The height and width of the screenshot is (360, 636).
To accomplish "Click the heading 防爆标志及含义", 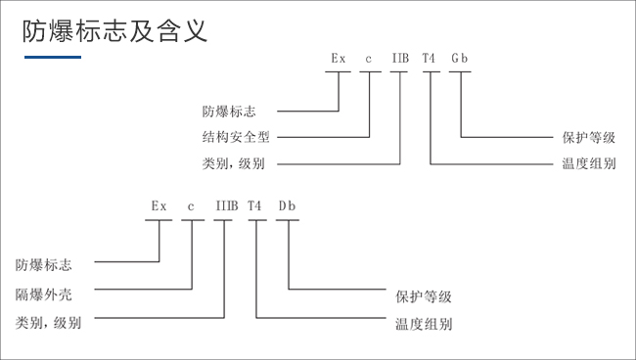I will click(114, 31).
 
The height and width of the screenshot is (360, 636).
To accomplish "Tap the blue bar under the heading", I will click(52, 58).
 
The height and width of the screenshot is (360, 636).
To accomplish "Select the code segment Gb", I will click(460, 59).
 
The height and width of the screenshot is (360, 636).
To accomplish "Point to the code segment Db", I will click(287, 206).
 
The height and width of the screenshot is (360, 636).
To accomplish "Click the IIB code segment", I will click(400, 59).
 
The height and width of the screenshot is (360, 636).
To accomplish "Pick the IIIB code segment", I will click(226, 206).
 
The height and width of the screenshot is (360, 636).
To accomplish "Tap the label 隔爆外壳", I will click(42, 292).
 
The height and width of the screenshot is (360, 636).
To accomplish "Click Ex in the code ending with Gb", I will click(339, 59).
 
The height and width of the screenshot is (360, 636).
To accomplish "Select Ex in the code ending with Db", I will click(159, 206).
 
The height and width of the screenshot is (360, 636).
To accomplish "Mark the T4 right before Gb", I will click(430, 59).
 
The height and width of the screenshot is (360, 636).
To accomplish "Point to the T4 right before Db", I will click(255, 206).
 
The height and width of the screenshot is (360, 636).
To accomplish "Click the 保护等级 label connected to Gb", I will click(590, 138).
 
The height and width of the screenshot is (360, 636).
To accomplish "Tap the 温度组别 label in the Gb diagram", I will click(590, 163).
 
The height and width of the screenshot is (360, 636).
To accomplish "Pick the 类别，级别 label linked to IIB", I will click(232, 163).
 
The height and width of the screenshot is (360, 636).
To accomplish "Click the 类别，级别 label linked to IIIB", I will click(49, 322).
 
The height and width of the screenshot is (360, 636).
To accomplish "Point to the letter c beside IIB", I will click(369, 59).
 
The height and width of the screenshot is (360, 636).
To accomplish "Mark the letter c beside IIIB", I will click(192, 206).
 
